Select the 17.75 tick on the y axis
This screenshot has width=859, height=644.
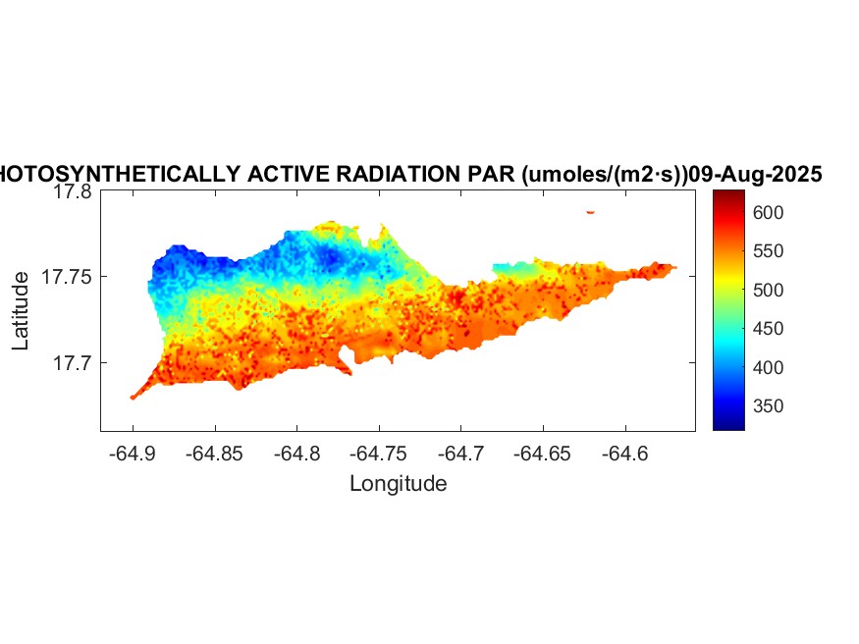[67, 277]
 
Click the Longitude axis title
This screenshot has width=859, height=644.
[398, 483]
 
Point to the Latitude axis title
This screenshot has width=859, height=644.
[21, 312]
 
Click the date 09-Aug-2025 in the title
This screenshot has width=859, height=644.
[755, 174]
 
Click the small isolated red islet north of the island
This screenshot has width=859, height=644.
[590, 211]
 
